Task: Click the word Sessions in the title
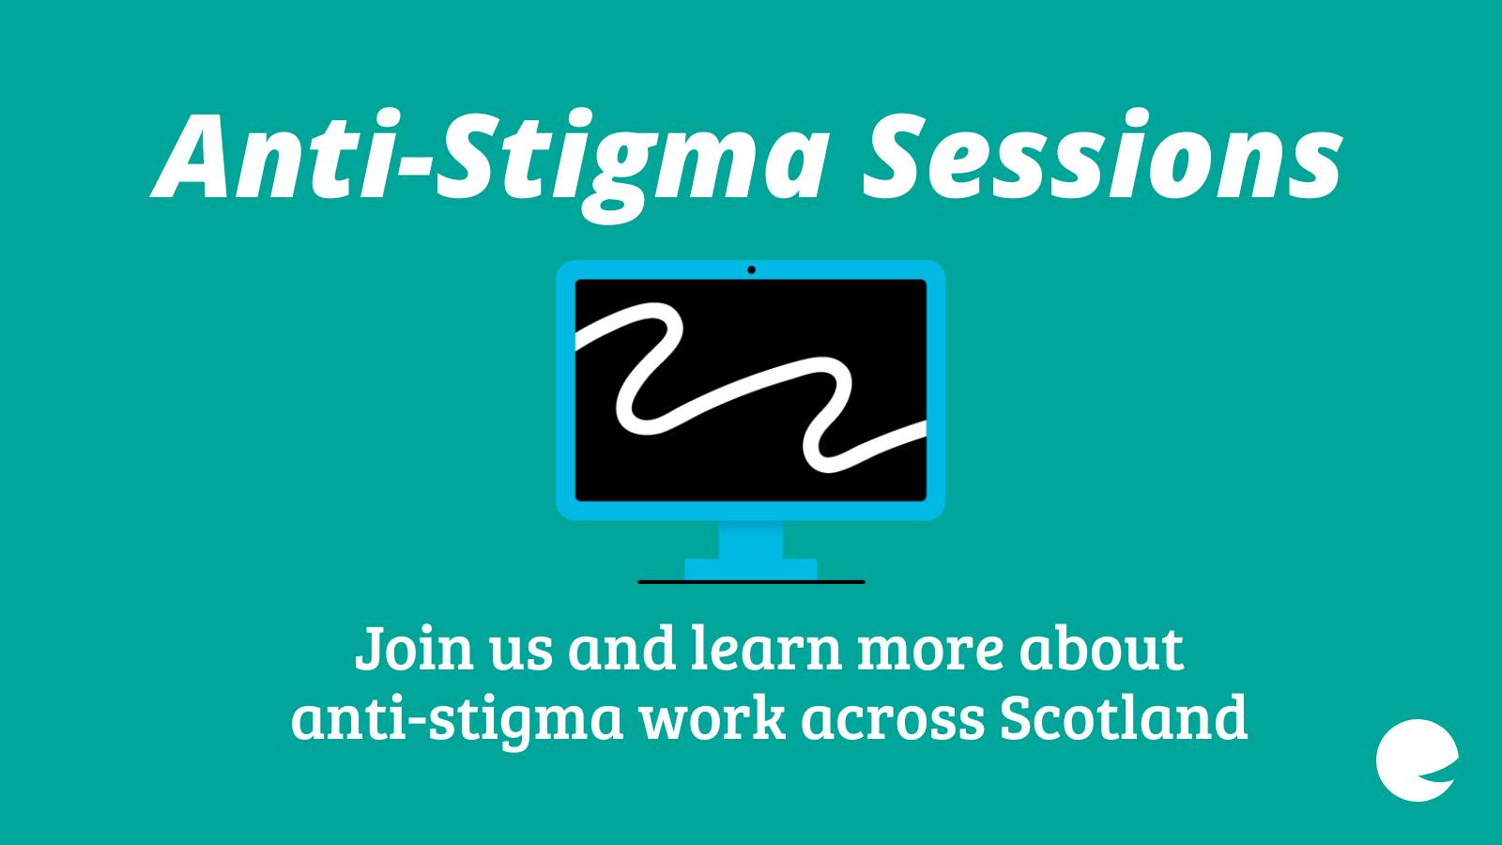[x=1102, y=156]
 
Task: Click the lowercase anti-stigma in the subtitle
[x=457, y=720]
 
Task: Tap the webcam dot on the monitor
[x=751, y=269]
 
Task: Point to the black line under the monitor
[x=751, y=582]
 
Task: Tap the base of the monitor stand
[x=751, y=569]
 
